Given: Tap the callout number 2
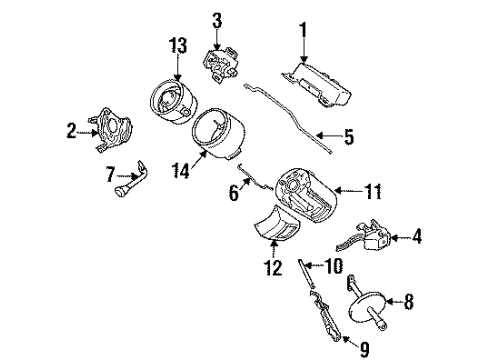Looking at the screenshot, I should [x=71, y=129].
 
